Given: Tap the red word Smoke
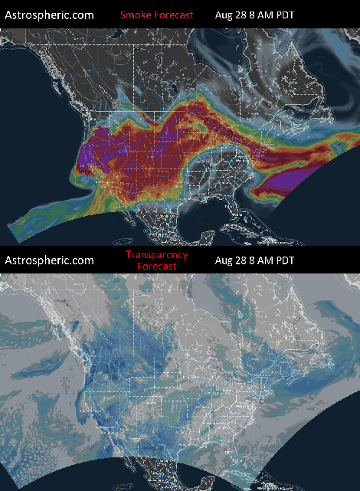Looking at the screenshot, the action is (135, 15).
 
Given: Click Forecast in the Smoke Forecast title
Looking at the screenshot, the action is (173, 15).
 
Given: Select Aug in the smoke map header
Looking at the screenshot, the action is (224, 15).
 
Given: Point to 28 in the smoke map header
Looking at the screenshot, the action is (243, 15).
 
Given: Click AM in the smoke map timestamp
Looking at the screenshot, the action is (267, 15).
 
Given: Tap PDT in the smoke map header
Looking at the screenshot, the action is (285, 15).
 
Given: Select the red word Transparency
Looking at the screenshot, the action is (157, 254).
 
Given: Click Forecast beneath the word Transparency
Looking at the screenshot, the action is (157, 267).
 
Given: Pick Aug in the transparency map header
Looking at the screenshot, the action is (224, 260).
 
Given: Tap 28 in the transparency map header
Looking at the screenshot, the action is (243, 260).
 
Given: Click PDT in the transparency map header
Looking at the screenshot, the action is (285, 260).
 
